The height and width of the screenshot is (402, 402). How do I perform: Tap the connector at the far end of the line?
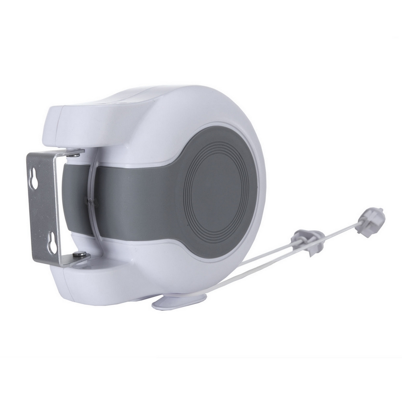tap(370, 220)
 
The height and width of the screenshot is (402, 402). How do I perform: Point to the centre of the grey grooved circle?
tap(219, 189)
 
